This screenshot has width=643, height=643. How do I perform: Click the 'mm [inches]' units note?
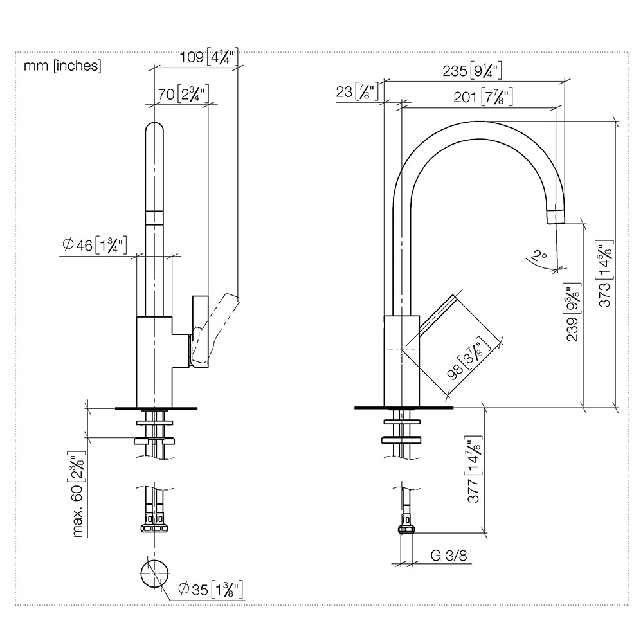tap(62, 66)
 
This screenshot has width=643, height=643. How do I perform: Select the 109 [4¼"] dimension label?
tap(209, 57)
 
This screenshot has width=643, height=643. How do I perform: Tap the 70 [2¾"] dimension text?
tap(183, 94)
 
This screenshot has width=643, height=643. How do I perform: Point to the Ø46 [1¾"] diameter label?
tap(95, 245)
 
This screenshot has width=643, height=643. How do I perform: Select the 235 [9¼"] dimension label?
tap(472, 71)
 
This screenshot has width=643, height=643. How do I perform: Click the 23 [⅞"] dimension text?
tap(357, 91)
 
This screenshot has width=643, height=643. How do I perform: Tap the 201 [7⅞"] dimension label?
tap(483, 97)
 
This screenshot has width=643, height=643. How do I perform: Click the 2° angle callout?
tap(538, 257)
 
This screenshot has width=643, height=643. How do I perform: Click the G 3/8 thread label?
tap(449, 556)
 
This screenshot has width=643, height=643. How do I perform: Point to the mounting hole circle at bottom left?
tap(154, 573)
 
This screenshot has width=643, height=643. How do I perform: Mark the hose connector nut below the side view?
tap(406, 529)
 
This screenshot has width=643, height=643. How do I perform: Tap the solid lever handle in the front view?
tap(200, 331)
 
